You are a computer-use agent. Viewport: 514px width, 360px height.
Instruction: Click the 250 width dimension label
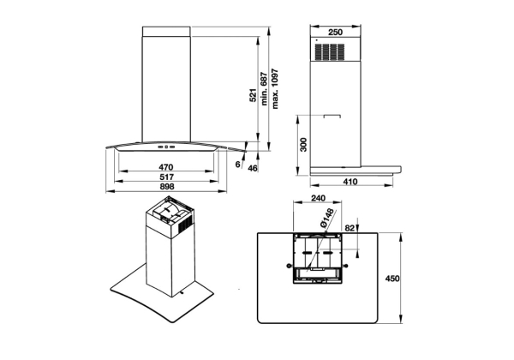coord(335,32)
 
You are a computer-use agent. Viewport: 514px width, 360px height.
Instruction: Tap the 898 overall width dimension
coord(167,187)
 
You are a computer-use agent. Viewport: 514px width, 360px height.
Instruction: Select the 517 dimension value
coord(166,177)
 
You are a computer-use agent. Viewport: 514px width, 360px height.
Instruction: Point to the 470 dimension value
coord(166,167)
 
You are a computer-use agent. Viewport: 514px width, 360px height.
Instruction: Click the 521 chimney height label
coord(253,95)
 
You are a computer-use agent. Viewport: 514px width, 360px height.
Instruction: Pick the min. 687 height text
coord(264,88)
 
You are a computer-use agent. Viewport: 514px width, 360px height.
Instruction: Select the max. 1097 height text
coord(275,88)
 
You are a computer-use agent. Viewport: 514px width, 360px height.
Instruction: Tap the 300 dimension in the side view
coord(304,145)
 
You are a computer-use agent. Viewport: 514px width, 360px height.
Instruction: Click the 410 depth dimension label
coord(351,182)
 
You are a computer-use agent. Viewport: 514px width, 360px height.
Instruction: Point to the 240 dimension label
coord(318,198)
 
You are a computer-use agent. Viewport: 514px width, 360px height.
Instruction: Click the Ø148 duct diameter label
coord(327,217)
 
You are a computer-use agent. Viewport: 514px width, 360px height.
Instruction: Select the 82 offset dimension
coord(350,228)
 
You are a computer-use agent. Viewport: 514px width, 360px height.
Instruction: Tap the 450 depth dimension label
coord(392,279)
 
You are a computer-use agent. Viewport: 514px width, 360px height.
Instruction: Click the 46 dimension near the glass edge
coord(253,168)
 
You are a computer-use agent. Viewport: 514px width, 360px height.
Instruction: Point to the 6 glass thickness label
coord(238,165)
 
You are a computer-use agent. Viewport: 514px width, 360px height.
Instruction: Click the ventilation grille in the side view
coord(330,51)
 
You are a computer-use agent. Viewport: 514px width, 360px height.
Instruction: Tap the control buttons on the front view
coord(166,147)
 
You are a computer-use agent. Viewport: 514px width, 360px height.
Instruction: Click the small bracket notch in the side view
coord(332,116)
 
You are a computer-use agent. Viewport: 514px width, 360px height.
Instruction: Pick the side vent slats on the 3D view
coord(185,226)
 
